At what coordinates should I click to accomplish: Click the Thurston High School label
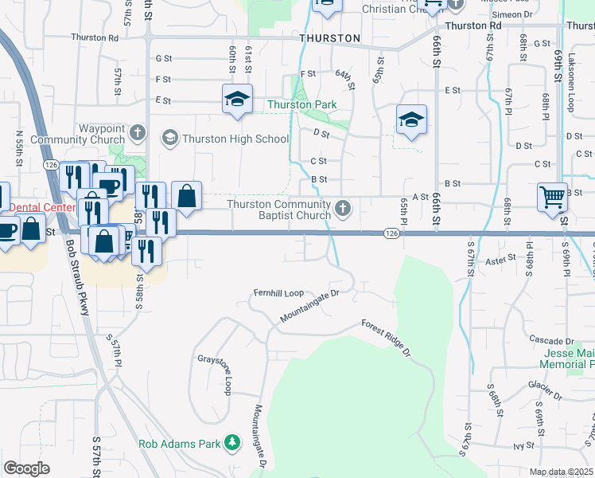235,139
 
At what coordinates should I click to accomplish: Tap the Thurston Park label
301,104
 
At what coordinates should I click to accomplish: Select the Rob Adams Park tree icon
231,441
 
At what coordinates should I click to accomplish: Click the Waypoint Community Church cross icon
137,132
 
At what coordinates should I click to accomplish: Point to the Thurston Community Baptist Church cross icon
343,209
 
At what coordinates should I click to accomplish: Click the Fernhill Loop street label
278,292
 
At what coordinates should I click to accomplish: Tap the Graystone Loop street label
215,374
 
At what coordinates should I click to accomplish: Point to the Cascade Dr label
550,340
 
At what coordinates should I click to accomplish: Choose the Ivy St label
522,445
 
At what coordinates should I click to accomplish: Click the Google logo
26,468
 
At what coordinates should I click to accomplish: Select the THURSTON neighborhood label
330,38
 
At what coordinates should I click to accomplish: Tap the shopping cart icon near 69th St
552,196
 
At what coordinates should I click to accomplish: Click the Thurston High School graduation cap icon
169,139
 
